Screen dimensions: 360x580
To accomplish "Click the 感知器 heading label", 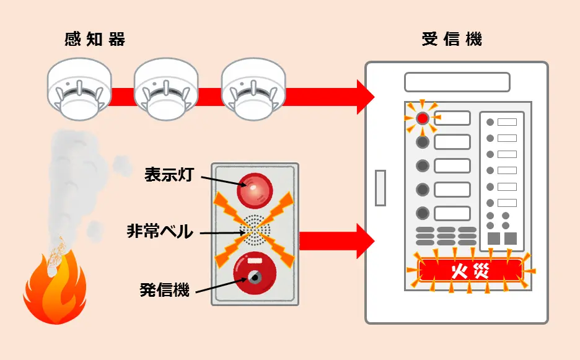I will click(x=94, y=40).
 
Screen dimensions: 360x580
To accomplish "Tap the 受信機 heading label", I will click(x=451, y=40).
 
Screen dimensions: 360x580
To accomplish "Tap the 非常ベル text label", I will click(x=160, y=232).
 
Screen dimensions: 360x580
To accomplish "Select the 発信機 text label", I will click(x=164, y=289).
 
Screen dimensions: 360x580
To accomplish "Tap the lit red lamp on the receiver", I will click(x=423, y=118).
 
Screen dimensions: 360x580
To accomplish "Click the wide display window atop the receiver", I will click(x=457, y=82).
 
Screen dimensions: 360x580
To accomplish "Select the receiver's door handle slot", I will click(x=380, y=188).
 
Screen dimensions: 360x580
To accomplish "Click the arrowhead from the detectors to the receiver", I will click(x=366, y=97).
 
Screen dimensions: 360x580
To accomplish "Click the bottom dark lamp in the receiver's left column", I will click(x=423, y=213).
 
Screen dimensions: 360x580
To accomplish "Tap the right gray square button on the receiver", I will click(x=511, y=239).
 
